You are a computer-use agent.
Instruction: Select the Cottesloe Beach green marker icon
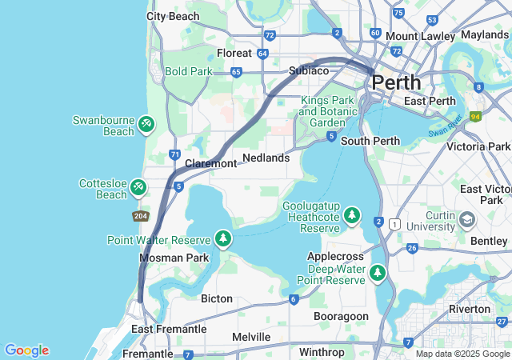(x=139, y=187)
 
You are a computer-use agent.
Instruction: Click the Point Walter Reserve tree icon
(x=223, y=238)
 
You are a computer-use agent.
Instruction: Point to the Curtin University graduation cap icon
(x=466, y=218)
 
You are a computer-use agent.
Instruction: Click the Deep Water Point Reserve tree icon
(x=378, y=274)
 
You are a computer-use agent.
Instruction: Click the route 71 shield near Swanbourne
(x=174, y=154)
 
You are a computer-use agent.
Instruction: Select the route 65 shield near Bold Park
(x=236, y=71)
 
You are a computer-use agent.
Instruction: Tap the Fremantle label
(x=147, y=354)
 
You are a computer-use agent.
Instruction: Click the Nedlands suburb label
(x=266, y=158)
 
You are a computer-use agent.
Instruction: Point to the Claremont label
(x=211, y=163)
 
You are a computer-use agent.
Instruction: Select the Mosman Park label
(x=174, y=258)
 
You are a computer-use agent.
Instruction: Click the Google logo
(x=26, y=350)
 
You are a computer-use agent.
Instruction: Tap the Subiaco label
(x=309, y=70)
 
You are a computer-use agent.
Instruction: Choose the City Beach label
(x=173, y=16)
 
